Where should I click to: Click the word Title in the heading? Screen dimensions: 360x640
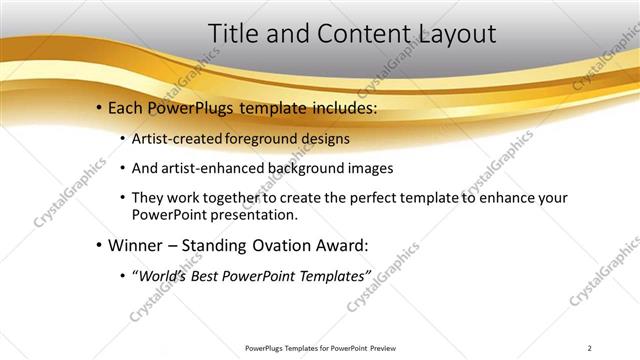[232, 33]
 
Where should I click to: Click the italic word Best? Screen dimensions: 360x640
[211, 275]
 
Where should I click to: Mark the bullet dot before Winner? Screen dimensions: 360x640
[100, 246]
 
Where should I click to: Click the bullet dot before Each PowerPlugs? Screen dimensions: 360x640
[100, 107]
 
